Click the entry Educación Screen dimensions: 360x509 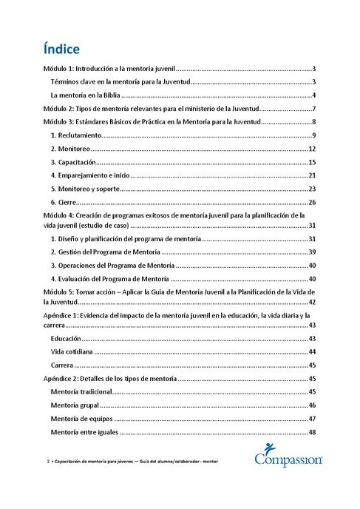point(67,338)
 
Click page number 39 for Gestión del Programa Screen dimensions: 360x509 point(312,252)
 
